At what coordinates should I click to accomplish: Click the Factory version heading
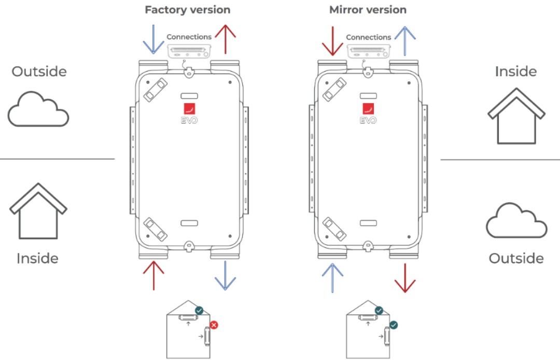click(187, 10)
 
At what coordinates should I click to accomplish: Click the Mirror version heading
click(368, 10)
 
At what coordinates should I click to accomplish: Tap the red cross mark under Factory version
click(214, 325)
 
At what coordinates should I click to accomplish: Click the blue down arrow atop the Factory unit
click(153, 39)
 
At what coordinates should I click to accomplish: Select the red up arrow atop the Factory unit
click(225, 39)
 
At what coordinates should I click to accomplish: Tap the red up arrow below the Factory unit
click(153, 275)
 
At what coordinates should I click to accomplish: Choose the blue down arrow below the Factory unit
click(225, 275)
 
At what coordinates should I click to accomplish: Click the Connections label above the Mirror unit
click(368, 37)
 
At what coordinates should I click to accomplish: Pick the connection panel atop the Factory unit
click(189, 52)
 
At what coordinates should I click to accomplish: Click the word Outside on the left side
click(39, 71)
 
